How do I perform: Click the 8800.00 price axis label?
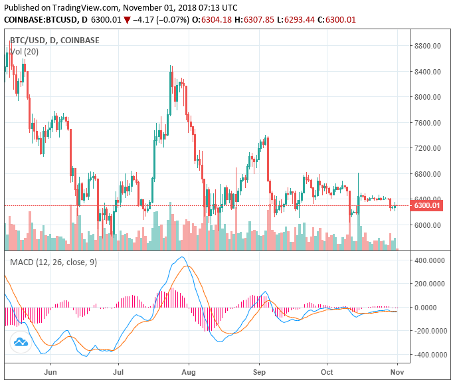click(427, 46)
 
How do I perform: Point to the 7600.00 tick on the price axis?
click(427, 122)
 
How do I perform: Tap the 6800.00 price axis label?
click(427, 174)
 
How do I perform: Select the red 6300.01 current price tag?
click(427, 206)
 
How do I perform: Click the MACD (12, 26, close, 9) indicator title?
click(53, 262)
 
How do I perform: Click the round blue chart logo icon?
click(21, 342)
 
